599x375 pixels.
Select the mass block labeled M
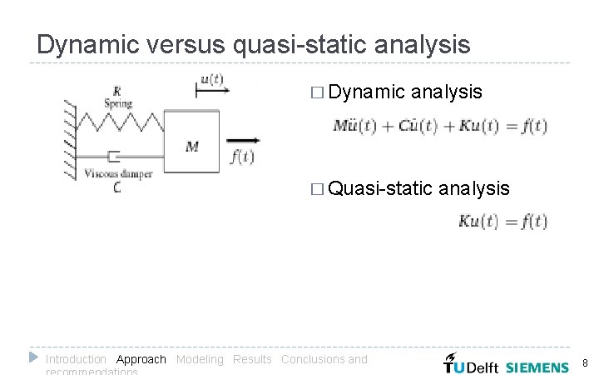192,142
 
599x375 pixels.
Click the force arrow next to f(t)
241,141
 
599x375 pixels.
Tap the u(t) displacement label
211,80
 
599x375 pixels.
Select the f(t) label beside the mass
241,157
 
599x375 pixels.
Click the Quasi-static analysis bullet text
419,189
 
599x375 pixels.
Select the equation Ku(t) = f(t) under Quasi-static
502,222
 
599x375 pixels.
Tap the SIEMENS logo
537,367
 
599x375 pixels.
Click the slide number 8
585,363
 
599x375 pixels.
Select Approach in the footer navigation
141,360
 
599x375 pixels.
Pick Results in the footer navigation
252,360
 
